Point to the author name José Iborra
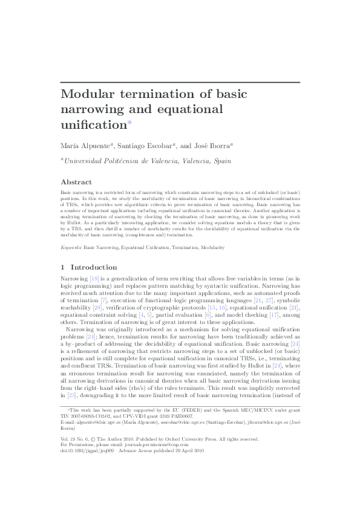point(213,146)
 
